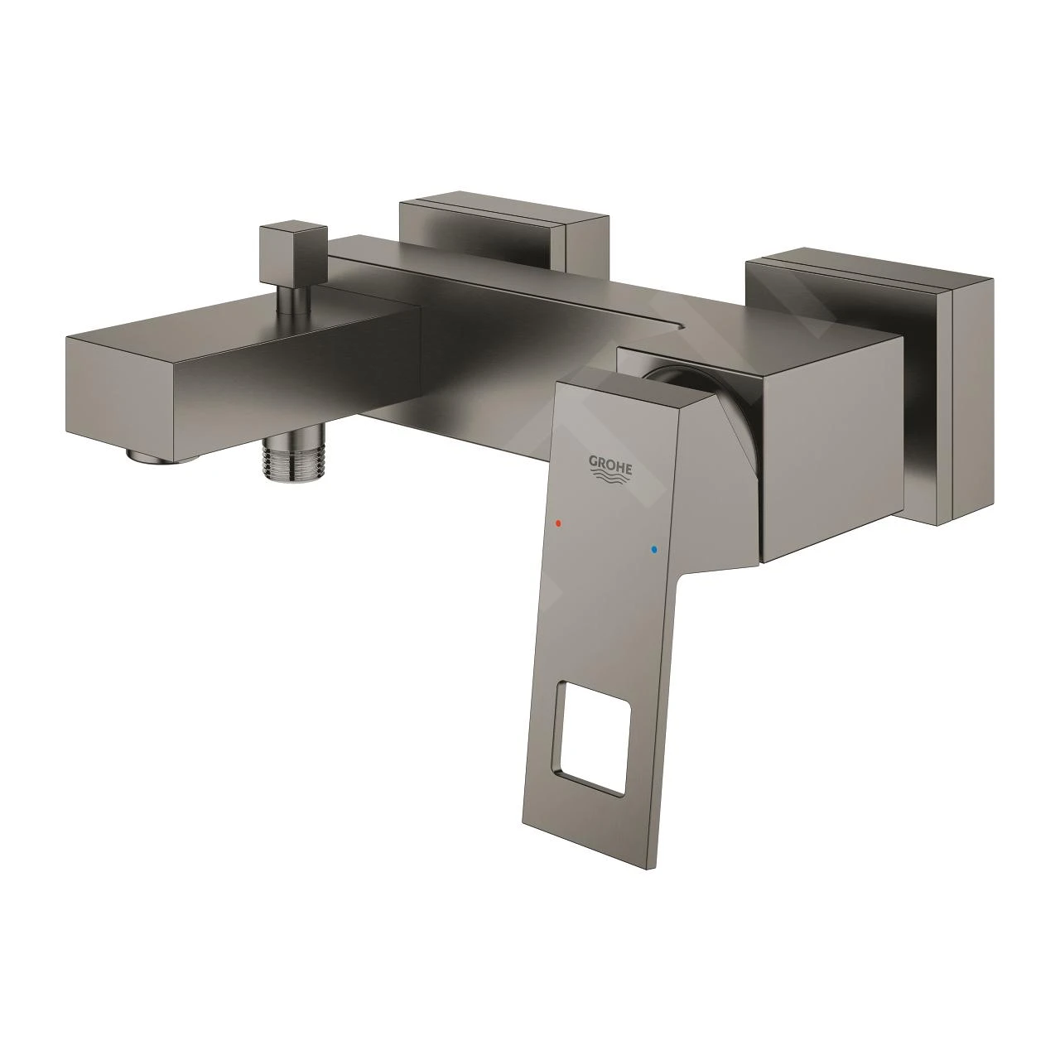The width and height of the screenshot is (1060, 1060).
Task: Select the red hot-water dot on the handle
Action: (560, 524)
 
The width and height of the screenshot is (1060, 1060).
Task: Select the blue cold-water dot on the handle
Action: (653, 549)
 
